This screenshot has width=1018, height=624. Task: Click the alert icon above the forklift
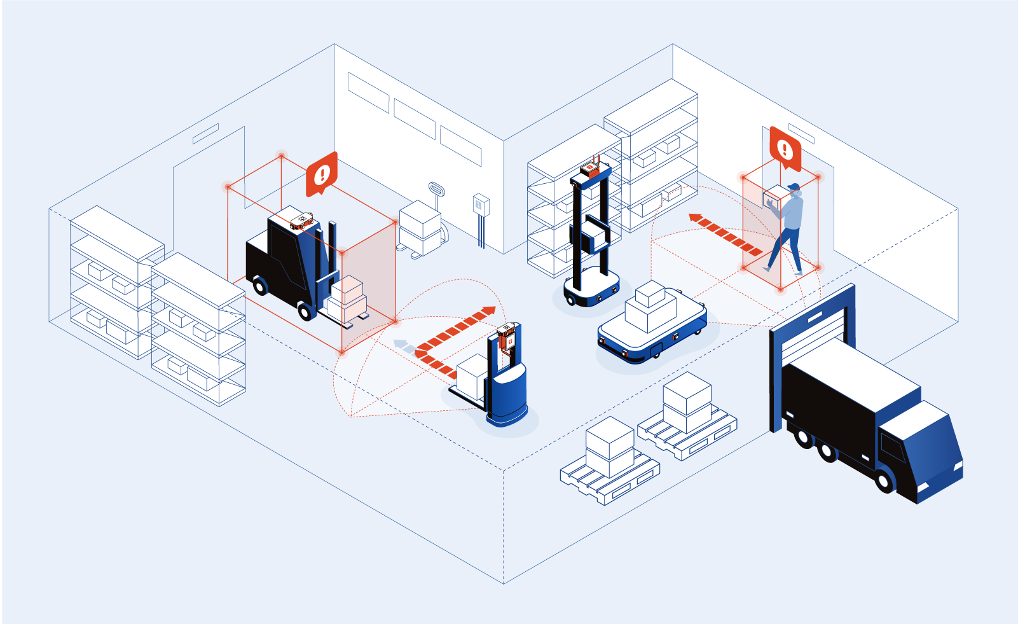322,173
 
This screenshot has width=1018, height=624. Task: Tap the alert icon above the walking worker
785,149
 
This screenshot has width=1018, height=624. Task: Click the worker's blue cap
794,188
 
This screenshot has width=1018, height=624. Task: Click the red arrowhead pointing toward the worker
695,218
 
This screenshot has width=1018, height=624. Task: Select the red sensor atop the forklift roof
301,220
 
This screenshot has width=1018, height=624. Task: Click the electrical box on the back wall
481,204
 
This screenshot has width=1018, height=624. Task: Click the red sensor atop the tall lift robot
589,169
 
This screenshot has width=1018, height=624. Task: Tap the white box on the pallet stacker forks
471,377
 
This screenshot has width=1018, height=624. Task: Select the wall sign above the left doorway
205,134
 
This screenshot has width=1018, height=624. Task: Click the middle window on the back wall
415,119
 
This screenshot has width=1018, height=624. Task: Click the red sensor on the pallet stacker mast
507,338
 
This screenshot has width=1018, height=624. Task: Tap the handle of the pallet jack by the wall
436,190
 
